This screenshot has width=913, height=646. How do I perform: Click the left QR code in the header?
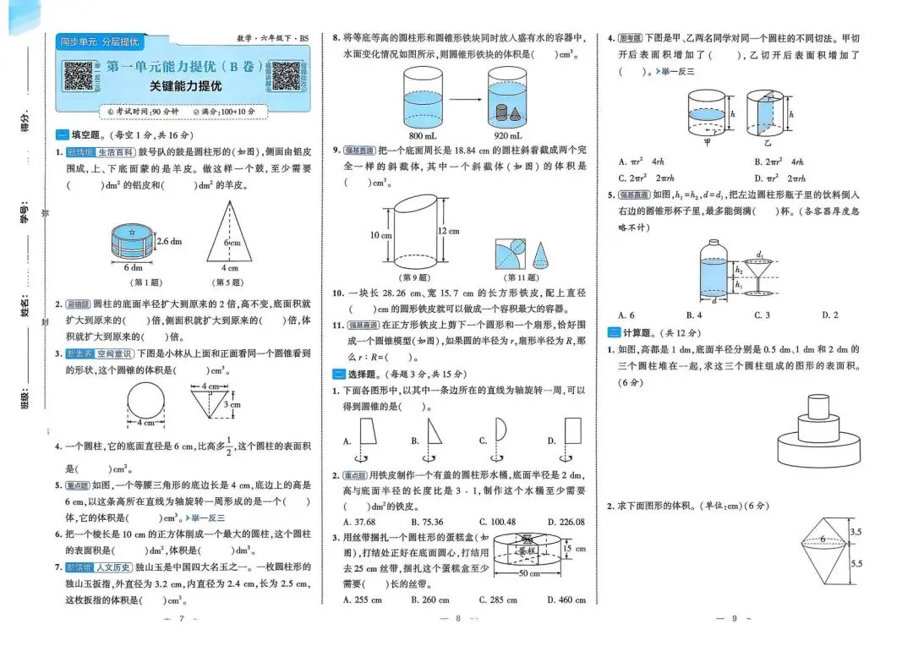tap(79, 76)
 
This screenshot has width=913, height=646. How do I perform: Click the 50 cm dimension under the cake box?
tap(528, 574)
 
